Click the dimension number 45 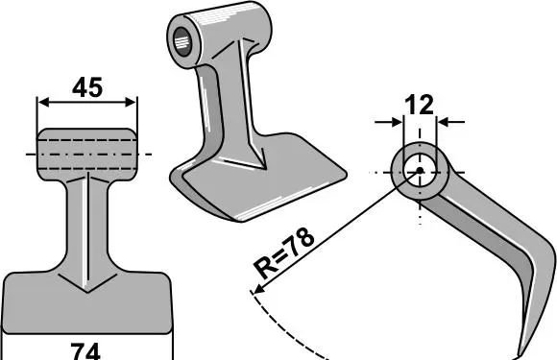click(87, 87)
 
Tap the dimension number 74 click(85, 351)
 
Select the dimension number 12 click(419, 105)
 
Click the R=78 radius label click(284, 253)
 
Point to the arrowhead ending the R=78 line click(257, 289)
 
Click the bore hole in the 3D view click(182, 41)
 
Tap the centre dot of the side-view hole click(420, 171)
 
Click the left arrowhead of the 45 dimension click(43, 103)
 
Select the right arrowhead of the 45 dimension click(130, 103)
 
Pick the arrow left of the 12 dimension click(389, 122)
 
